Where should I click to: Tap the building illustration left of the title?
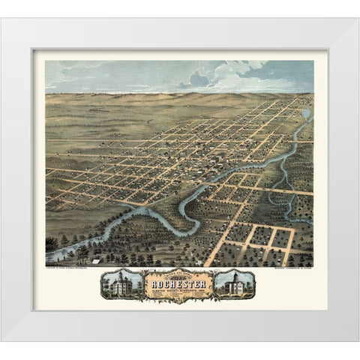(123, 283)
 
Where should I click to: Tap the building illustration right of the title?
(234, 283)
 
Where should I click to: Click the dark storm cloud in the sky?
(199, 77)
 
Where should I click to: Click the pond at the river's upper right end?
(306, 115)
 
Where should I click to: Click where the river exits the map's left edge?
(49, 256)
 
